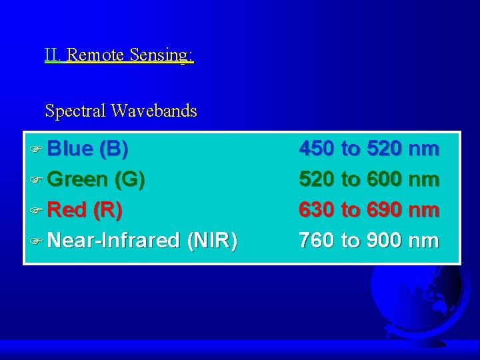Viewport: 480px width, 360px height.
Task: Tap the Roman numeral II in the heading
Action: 53,55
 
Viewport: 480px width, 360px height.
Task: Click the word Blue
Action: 71,149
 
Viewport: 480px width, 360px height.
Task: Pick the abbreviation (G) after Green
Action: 129,179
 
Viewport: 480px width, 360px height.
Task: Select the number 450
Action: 317,149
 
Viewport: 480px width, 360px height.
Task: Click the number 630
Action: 317,210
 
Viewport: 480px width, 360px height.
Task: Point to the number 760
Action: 317,240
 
